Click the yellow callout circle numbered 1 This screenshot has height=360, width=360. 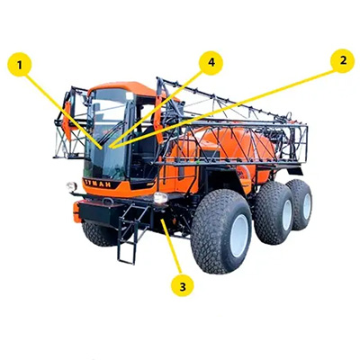point(20,65)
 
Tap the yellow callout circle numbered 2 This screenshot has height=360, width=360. point(342,60)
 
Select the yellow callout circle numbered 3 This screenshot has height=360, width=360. point(183,285)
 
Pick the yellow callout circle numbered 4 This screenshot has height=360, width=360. point(211,63)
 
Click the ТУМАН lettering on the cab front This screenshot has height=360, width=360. point(98,184)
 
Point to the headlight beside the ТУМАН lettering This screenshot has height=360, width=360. point(71,186)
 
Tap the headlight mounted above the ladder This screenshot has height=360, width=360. point(160,198)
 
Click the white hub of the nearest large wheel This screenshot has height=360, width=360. point(239,236)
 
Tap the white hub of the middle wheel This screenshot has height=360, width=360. point(287,215)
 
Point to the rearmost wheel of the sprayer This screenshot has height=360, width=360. point(300,204)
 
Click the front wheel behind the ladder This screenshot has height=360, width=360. point(102,234)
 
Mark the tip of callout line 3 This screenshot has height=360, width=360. point(162,220)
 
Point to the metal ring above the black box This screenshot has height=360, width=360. point(108,201)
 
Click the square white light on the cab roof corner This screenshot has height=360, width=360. point(130,95)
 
